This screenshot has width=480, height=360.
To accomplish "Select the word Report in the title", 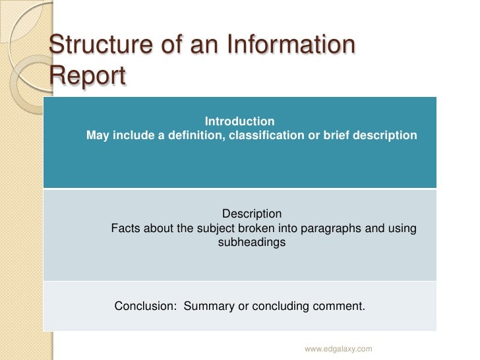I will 86,75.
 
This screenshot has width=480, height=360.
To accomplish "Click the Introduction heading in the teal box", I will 239,121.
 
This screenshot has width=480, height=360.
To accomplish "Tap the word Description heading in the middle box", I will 251,214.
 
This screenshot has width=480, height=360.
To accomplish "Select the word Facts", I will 125,229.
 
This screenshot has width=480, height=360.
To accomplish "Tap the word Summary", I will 207,307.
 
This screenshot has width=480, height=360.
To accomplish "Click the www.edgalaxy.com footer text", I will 338,348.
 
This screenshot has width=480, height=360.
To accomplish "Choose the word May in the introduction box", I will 98,136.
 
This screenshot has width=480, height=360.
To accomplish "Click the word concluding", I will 287,307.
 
